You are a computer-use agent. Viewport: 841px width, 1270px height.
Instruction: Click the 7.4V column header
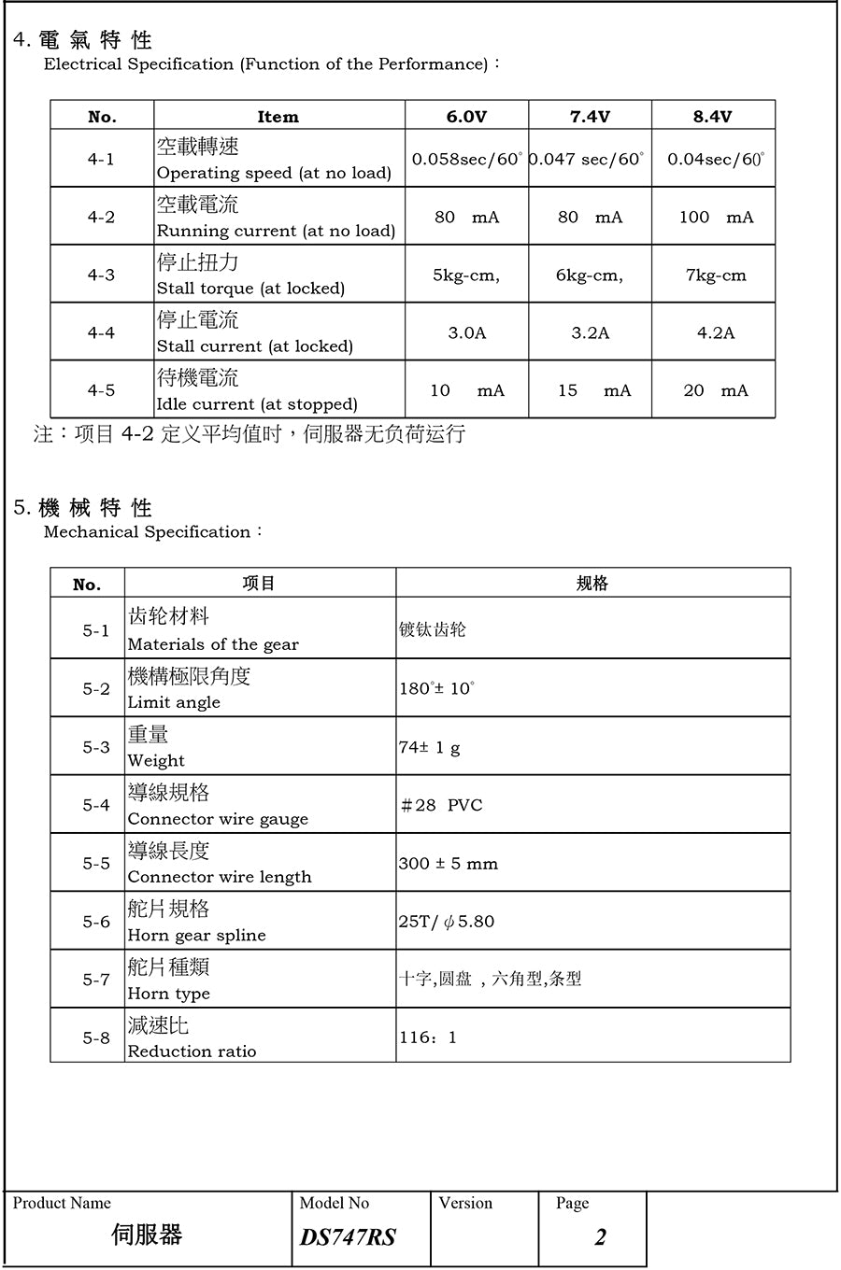pyautogui.click(x=590, y=117)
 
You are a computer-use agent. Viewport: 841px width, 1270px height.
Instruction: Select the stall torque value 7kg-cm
pyautogui.click(x=716, y=275)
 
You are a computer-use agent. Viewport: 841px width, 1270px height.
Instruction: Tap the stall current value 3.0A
pyautogui.click(x=466, y=333)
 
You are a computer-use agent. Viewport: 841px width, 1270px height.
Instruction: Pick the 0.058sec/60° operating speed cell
pyautogui.click(x=466, y=160)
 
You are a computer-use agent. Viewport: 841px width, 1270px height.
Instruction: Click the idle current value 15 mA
pyautogui.click(x=594, y=390)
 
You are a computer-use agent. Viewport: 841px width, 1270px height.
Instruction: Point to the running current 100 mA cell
pyautogui.click(x=716, y=218)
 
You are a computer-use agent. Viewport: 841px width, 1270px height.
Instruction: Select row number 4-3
pyautogui.click(x=101, y=275)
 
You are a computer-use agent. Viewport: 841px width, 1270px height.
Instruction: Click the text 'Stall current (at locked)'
pyautogui.click(x=254, y=346)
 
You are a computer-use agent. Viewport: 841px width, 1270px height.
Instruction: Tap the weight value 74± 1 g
pyautogui.click(x=429, y=748)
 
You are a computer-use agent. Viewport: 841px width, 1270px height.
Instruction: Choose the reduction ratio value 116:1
pyautogui.click(x=428, y=1037)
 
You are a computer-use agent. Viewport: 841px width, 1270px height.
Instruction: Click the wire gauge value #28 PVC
pyautogui.click(x=441, y=806)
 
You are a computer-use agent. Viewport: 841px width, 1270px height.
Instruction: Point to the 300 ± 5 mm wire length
pyautogui.click(x=449, y=864)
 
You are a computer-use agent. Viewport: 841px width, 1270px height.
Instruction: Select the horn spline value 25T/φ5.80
pyautogui.click(x=447, y=922)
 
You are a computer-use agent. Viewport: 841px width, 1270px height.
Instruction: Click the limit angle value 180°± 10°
pyautogui.click(x=436, y=689)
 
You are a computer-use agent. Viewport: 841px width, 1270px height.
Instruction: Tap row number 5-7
pyautogui.click(x=95, y=980)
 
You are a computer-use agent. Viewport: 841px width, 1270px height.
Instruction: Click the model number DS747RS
pyautogui.click(x=348, y=1237)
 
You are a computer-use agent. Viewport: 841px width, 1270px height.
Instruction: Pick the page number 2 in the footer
pyautogui.click(x=600, y=1237)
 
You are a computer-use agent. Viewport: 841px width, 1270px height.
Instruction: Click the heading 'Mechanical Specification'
pyautogui.click(x=147, y=532)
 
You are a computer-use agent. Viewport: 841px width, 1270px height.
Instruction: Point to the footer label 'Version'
pyautogui.click(x=465, y=1203)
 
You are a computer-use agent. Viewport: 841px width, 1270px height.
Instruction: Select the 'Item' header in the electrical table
pyautogui.click(x=278, y=117)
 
